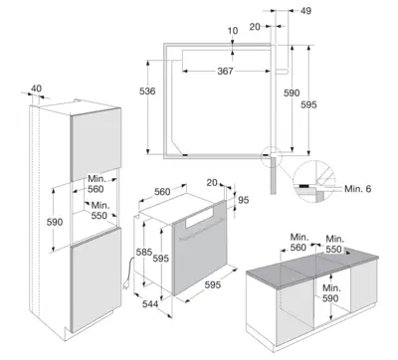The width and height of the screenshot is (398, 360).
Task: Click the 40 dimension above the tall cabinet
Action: [37, 89]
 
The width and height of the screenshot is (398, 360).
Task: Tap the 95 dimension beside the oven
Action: [243, 200]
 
